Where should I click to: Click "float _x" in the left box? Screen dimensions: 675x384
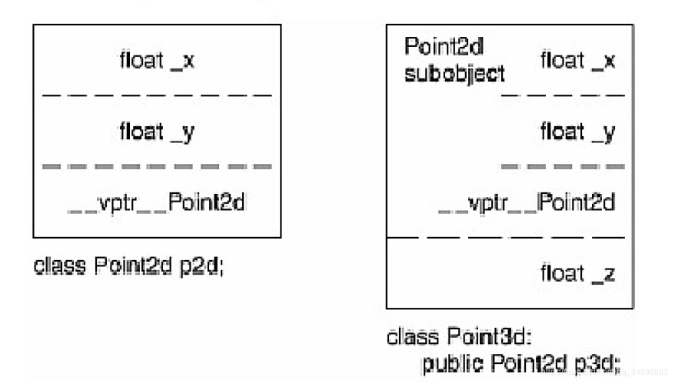(x=157, y=61)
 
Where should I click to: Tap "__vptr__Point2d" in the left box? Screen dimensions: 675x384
(x=158, y=203)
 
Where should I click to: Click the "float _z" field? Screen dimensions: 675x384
(x=577, y=273)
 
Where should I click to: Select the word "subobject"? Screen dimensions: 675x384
(x=455, y=74)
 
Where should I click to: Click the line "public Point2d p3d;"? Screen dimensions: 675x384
(x=520, y=362)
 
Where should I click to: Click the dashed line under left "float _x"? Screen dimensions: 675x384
(x=157, y=95)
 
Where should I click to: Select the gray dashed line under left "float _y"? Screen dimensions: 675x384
(x=157, y=166)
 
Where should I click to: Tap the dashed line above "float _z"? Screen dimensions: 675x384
(x=510, y=238)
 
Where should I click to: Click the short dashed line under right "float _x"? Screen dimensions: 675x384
(x=563, y=95)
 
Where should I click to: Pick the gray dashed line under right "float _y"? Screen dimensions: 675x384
(x=563, y=166)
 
